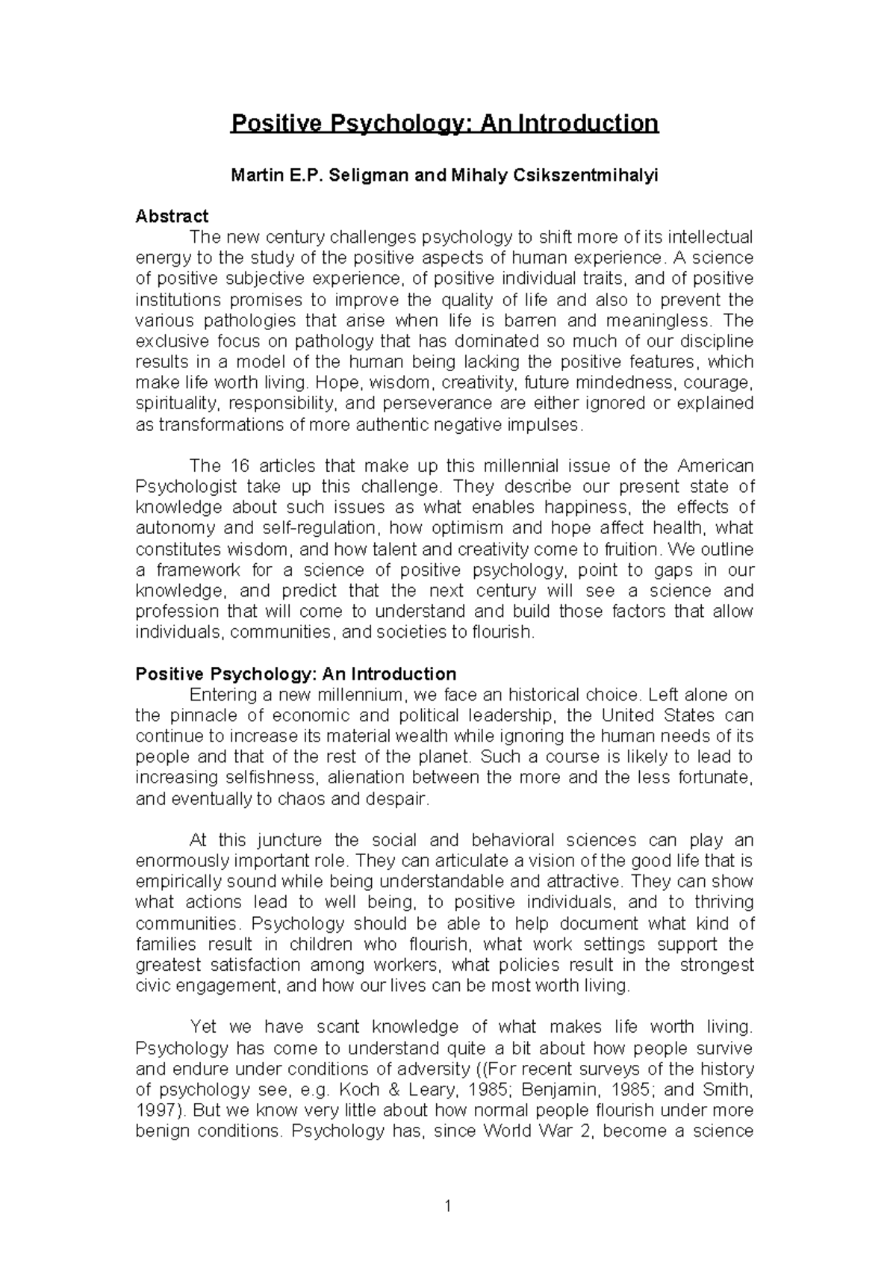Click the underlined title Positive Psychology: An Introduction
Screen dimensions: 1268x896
click(445, 123)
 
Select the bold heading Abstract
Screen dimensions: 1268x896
click(172, 217)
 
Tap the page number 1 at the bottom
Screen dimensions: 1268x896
click(448, 1205)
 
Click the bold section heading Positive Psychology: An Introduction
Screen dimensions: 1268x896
click(296, 674)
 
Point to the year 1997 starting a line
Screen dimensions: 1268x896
click(153, 1110)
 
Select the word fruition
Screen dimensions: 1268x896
click(634, 550)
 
